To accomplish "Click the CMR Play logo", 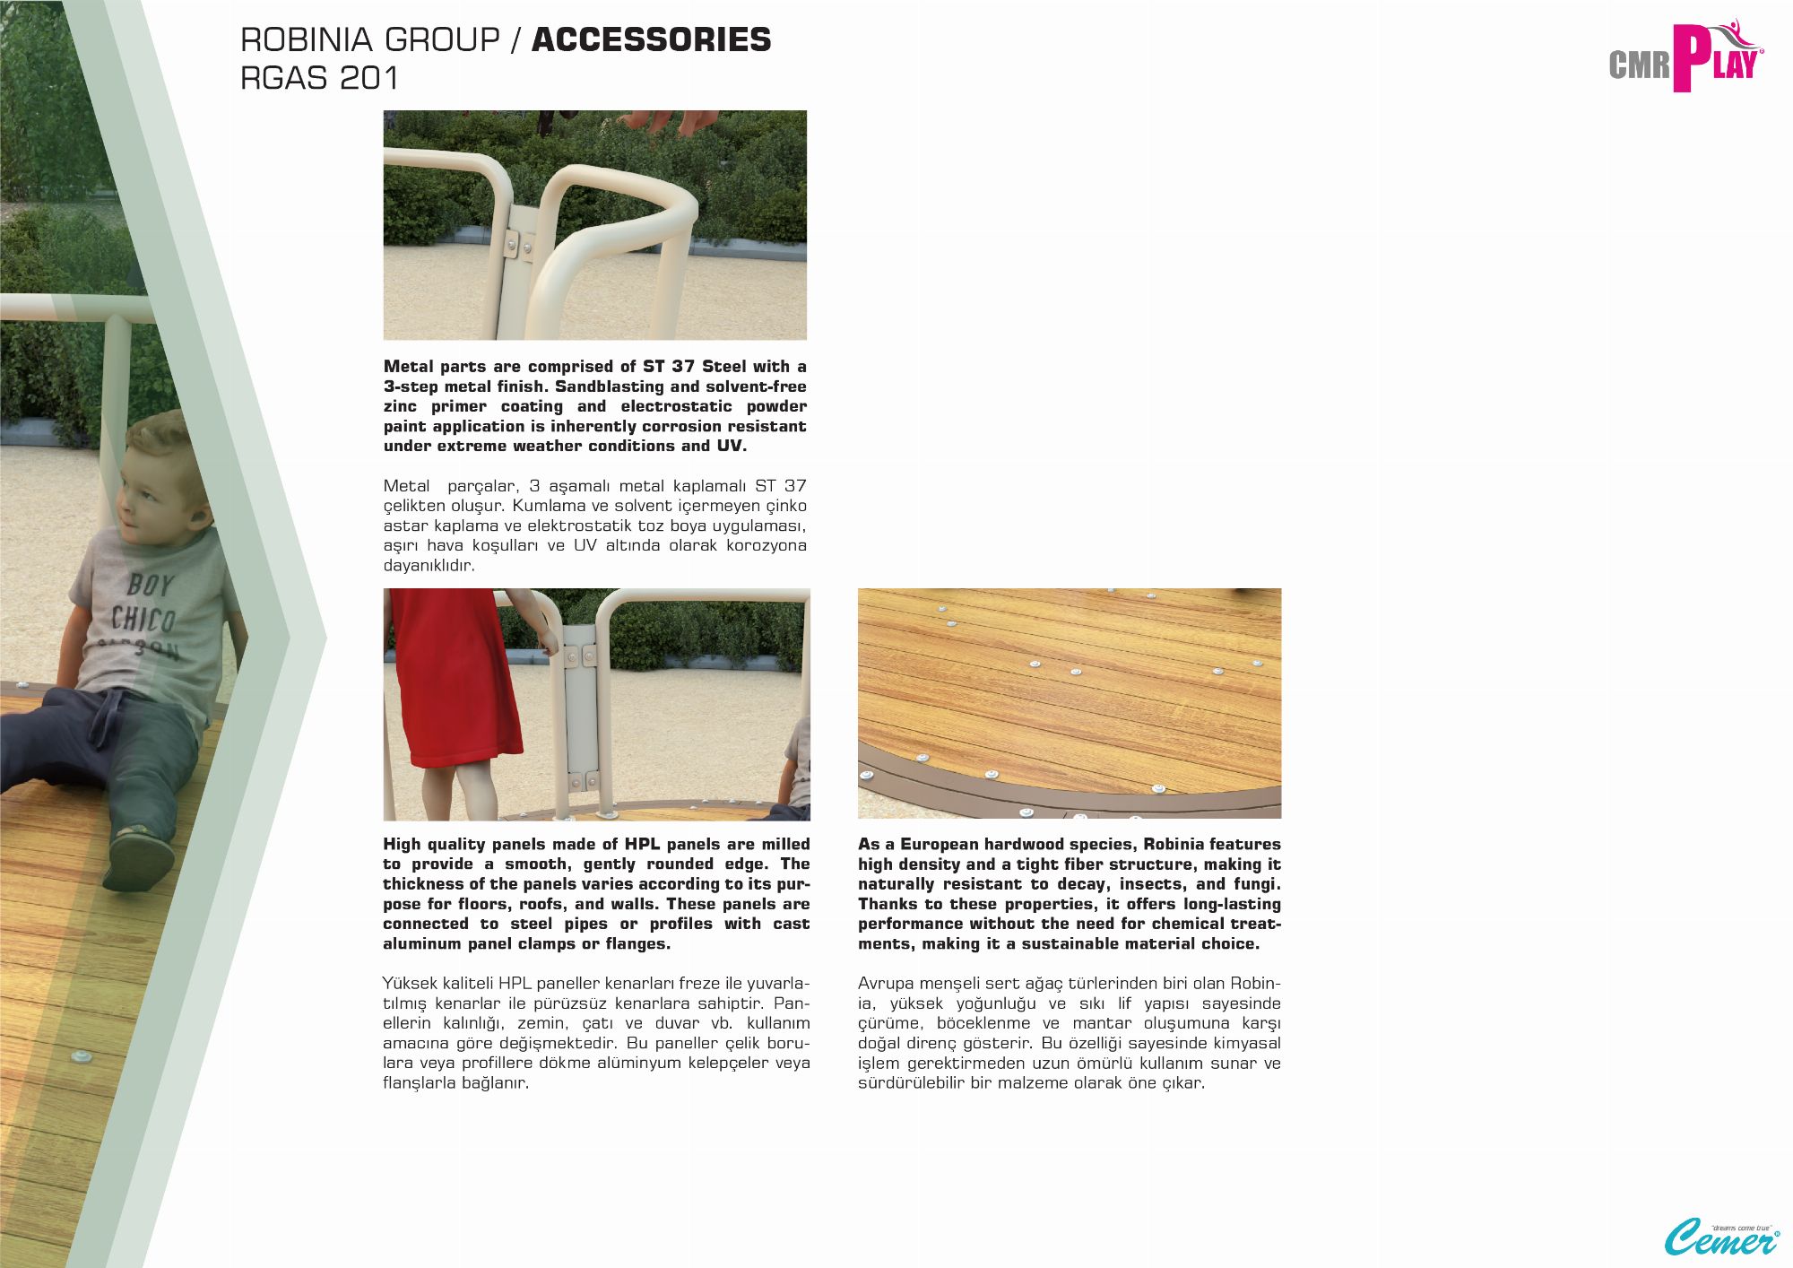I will [1685, 58].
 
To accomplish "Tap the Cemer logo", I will [1721, 1238].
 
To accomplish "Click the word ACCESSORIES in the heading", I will [651, 39].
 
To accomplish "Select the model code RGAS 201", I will [319, 78].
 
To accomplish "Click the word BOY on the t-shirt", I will [149, 585].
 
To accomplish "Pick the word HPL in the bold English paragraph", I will [642, 844].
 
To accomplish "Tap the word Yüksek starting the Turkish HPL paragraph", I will [410, 983].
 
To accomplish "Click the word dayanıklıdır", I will [429, 566].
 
